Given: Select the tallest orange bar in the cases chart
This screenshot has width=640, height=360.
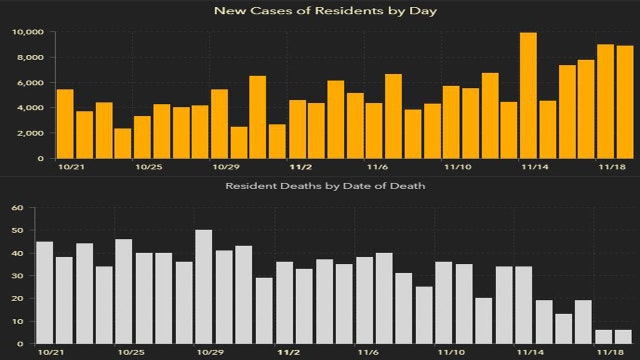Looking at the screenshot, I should click(x=528, y=96).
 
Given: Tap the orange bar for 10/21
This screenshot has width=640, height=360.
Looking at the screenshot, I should click(x=65, y=124).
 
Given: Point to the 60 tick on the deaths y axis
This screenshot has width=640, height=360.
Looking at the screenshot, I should click(x=17, y=209).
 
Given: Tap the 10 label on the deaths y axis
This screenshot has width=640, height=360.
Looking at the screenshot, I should click(x=17, y=322).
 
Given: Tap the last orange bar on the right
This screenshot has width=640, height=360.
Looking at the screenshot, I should click(x=625, y=102).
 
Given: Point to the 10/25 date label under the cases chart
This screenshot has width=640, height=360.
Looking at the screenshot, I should click(x=148, y=166).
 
